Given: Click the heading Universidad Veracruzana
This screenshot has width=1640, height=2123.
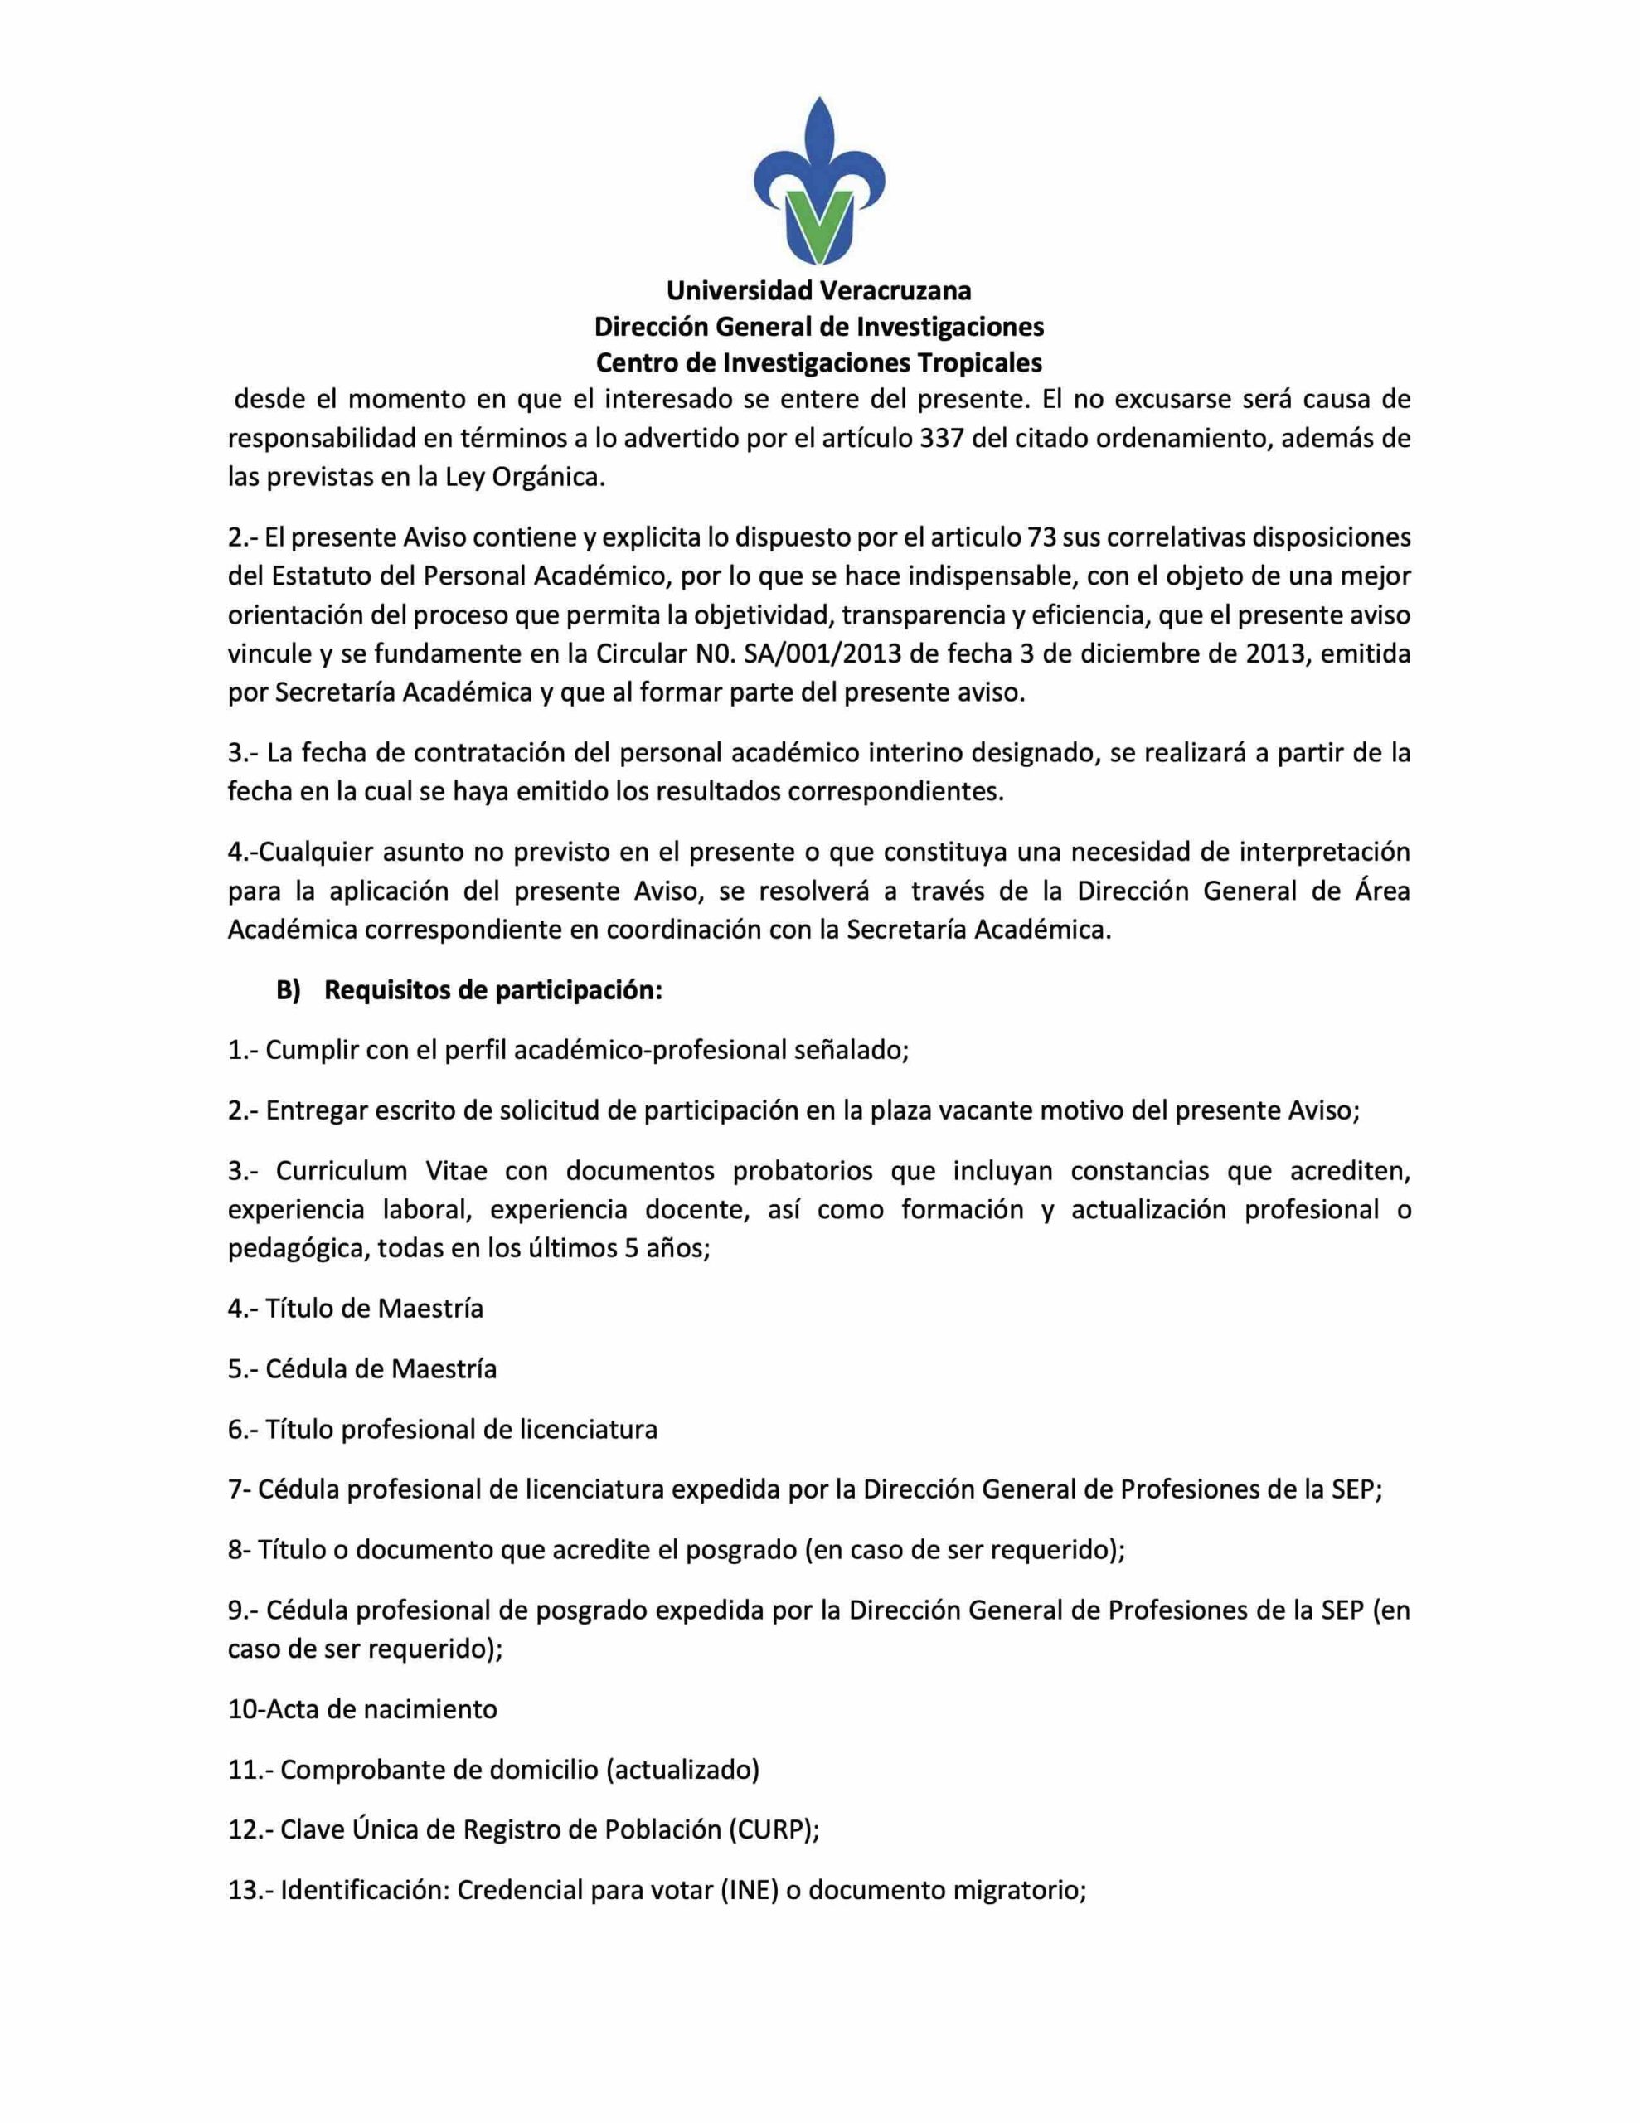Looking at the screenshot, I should (x=818, y=290).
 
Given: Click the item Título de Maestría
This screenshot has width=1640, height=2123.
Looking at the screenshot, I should (x=373, y=1309).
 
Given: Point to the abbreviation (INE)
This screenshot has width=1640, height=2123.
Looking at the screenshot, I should (x=750, y=1890).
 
